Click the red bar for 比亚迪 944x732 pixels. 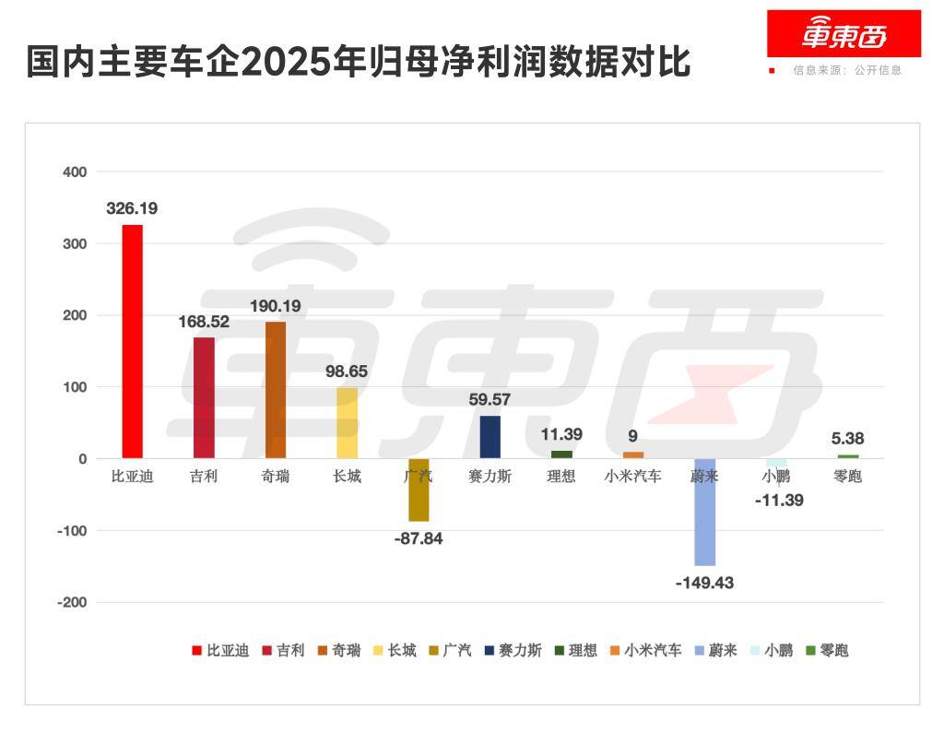pos(132,341)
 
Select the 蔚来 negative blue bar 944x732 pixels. pos(704,512)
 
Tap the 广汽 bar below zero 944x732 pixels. pos(419,490)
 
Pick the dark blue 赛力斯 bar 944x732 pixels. pos(490,437)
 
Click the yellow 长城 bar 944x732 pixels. pos(347,422)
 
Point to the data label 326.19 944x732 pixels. pos(132,208)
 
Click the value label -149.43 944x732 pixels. pos(704,583)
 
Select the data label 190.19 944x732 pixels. pos(276,306)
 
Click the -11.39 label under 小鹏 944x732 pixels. pos(774,501)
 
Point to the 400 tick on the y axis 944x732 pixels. pos(74,171)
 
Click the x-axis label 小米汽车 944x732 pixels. pos(632,477)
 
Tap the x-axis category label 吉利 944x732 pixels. pos(204,477)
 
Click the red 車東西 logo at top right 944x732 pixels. pos(844,34)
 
